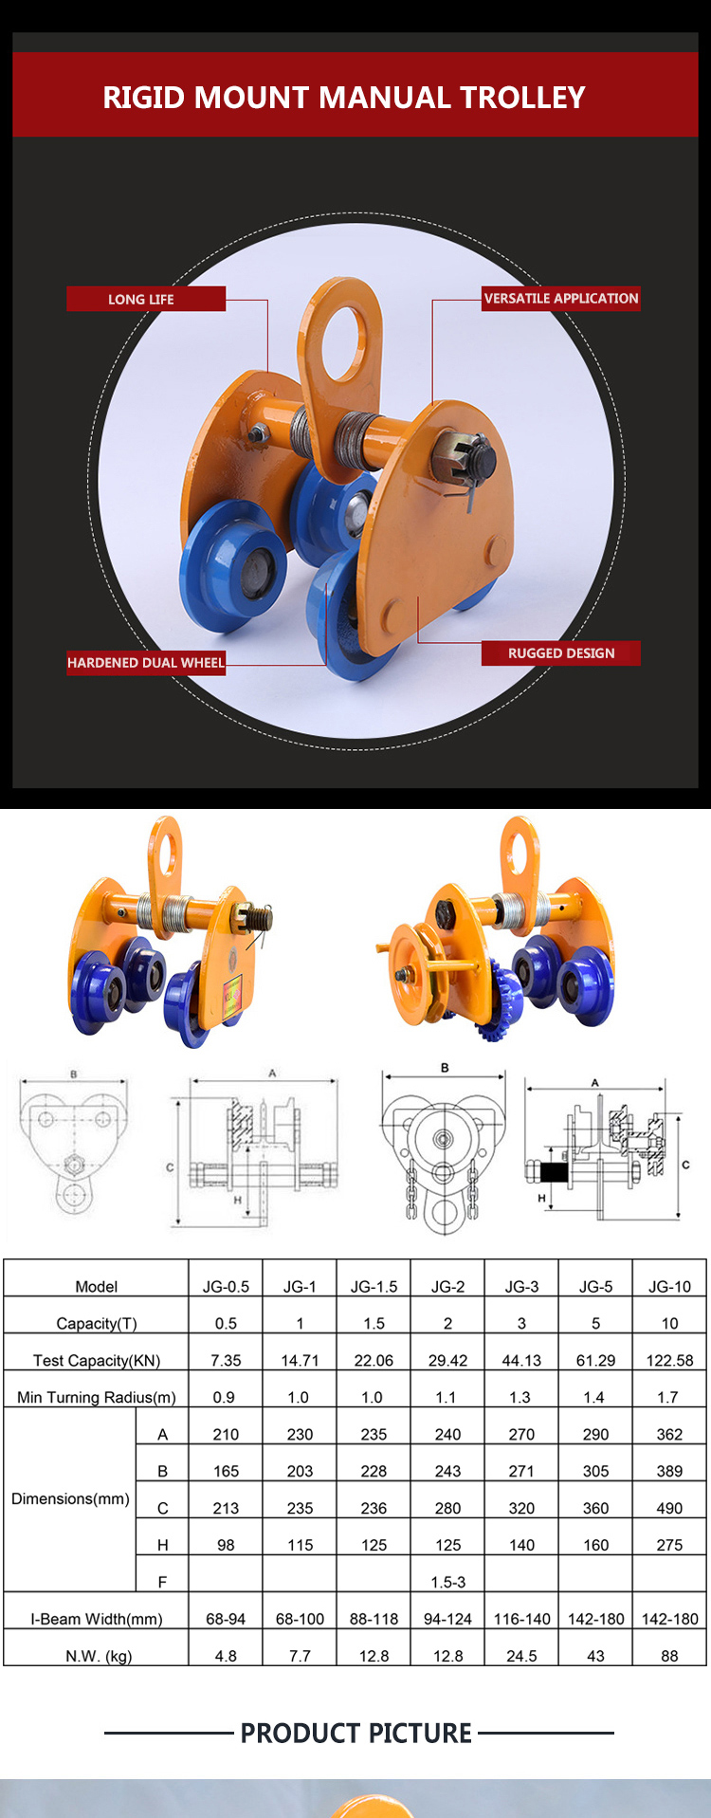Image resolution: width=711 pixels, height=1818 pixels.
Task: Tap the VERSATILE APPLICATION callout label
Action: pos(560,298)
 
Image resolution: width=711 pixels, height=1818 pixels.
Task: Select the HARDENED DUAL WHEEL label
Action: pos(146,662)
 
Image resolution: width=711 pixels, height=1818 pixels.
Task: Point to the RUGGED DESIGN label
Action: pos(560,652)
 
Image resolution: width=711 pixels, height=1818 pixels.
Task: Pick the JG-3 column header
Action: pos(521,1286)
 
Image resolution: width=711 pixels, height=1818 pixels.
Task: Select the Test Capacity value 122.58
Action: pos(669,1360)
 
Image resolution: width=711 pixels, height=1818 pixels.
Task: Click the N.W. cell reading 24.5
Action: pos(521,1656)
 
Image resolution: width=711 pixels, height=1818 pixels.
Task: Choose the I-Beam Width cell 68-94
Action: pos(226,1619)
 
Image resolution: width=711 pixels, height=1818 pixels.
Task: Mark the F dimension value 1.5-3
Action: pos(447,1582)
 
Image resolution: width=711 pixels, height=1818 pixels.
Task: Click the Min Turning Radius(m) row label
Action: pos(97,1397)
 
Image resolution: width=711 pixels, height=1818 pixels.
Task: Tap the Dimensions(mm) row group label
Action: pos(70,1498)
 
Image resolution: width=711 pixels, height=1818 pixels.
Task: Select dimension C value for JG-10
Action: pos(669,1508)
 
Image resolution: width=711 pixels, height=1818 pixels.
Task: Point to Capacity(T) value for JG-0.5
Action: pos(226,1323)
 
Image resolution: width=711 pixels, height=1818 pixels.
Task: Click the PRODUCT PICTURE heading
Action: pos(355,1734)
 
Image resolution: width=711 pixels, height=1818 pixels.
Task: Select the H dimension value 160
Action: pos(595,1545)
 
